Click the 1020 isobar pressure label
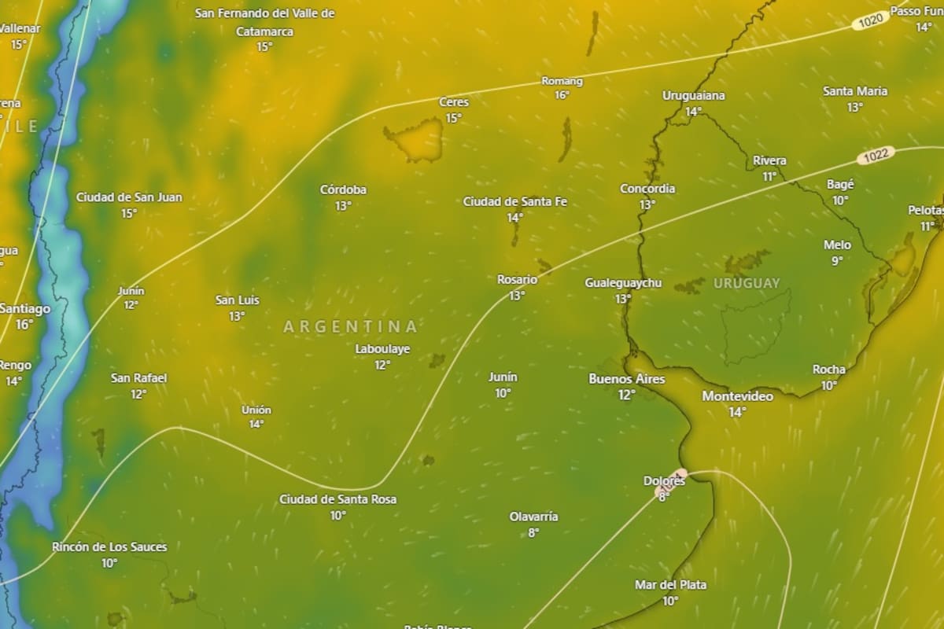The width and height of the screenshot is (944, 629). click(x=870, y=21)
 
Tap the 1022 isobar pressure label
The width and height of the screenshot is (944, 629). click(x=876, y=155)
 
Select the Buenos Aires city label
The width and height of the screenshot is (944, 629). click(x=626, y=379)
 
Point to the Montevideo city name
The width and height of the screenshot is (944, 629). click(x=737, y=396)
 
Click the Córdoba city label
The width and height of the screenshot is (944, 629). click(x=343, y=189)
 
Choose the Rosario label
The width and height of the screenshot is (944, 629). click(x=517, y=279)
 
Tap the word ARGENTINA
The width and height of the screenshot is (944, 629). click(x=350, y=326)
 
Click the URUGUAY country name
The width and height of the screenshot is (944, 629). click(x=747, y=283)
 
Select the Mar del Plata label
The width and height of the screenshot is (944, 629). click(x=670, y=585)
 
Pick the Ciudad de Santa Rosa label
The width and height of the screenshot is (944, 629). click(x=337, y=499)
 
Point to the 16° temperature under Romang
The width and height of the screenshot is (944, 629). click(x=562, y=95)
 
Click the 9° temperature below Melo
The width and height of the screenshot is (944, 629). click(x=837, y=260)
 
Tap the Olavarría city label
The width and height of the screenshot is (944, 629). click(x=533, y=517)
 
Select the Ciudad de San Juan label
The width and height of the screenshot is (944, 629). click(x=129, y=197)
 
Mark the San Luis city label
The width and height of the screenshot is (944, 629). click(x=237, y=300)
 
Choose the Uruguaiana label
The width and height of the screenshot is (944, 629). click(x=693, y=95)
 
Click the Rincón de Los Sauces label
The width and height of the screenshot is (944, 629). click(x=109, y=546)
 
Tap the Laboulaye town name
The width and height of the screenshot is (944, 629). click(x=382, y=349)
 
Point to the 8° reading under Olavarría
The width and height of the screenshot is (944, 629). click(x=533, y=532)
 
